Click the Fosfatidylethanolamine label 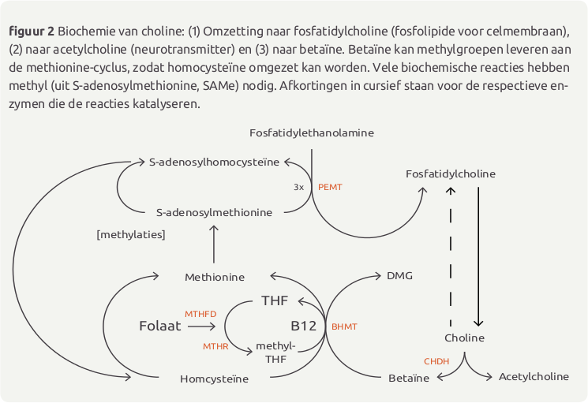(x=312, y=133)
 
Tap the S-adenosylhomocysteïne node (x=214, y=162)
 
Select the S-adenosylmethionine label (x=214, y=213)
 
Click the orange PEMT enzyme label (x=330, y=187)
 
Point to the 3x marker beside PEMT (x=298, y=187)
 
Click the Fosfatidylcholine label (x=451, y=174)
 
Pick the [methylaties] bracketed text (x=131, y=235)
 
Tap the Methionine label (x=215, y=277)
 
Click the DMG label (x=399, y=276)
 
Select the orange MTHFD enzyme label (x=200, y=314)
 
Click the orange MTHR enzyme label (x=215, y=346)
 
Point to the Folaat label (x=160, y=326)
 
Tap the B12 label (x=304, y=326)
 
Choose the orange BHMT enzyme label (x=344, y=327)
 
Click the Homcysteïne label (x=214, y=379)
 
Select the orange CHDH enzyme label (x=436, y=361)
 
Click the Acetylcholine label (x=534, y=377)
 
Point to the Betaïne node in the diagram (x=409, y=379)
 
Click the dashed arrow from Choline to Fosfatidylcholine (x=451, y=257)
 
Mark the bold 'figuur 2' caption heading (x=32, y=32)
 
